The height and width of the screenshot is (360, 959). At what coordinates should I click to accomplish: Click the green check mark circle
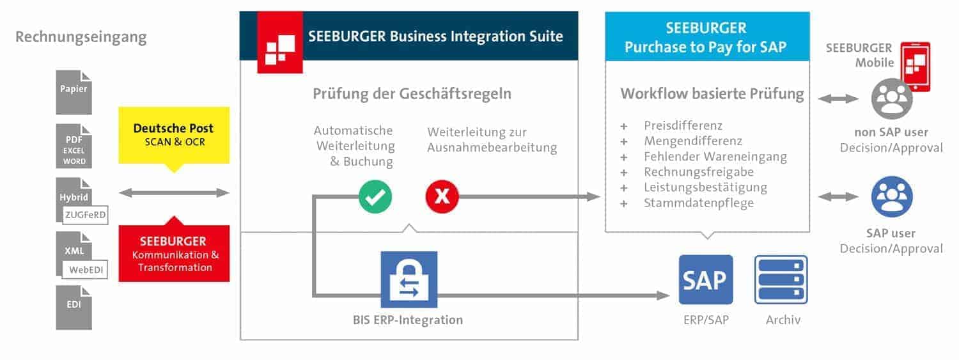[375, 196]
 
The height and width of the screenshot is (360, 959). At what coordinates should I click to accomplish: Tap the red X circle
[442, 196]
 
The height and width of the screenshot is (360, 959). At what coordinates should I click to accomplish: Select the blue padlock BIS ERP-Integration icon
[409, 279]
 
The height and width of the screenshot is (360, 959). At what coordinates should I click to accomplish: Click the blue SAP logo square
[706, 280]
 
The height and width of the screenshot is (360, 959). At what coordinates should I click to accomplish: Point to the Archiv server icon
[781, 280]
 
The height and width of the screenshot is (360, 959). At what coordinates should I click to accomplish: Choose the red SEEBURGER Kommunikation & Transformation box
[174, 253]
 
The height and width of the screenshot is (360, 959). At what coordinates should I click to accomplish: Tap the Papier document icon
[74, 91]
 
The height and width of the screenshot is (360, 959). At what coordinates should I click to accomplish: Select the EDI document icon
[74, 307]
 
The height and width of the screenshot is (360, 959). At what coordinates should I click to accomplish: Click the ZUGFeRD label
[86, 216]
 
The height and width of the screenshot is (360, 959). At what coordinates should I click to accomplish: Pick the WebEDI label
[86, 270]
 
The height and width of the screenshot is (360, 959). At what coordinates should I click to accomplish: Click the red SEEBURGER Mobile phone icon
[915, 67]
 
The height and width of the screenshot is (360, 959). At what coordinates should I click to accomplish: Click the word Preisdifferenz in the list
[683, 125]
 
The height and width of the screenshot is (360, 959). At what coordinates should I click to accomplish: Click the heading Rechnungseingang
[81, 37]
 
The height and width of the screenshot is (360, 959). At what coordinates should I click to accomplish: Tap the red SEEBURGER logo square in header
[280, 43]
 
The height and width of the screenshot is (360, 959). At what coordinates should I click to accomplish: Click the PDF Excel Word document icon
[74, 146]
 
